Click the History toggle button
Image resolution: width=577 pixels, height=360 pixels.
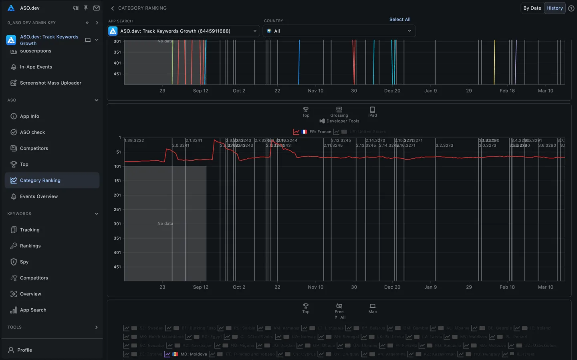pos(555,8)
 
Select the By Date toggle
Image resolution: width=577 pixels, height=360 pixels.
pos(532,8)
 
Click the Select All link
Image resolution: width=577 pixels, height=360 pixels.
pos(399,19)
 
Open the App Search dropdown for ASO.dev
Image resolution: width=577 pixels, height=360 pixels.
pos(184,31)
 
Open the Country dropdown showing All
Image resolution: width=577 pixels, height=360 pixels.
pos(339,31)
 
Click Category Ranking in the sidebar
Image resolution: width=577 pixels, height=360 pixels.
pos(40,180)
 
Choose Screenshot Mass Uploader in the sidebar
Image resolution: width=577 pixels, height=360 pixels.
pos(50,83)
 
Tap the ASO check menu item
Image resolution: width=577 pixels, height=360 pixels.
pos(32,132)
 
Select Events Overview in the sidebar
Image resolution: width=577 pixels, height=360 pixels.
pos(39,196)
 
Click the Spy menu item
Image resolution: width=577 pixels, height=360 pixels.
pos(24,262)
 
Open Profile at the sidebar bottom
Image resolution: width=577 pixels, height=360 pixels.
pos(24,350)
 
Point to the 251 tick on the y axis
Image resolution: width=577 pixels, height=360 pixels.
pos(117,209)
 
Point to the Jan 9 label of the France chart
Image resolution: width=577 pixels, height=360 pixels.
pos(430,287)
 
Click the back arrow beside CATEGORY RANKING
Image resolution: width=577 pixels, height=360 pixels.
pos(113,8)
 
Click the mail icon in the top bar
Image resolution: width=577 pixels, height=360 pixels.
pos(97,8)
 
